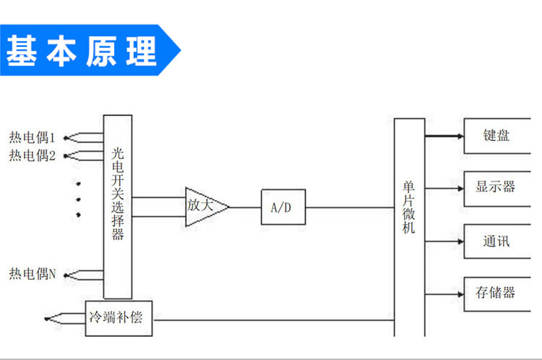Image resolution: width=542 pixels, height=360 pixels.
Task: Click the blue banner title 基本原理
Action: point(81,51)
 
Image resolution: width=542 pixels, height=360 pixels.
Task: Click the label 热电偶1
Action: point(33,137)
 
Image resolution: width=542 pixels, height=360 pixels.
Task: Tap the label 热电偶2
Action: point(33,155)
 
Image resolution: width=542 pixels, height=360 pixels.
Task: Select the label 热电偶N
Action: point(33,274)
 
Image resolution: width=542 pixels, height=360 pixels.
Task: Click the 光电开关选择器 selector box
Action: point(118,206)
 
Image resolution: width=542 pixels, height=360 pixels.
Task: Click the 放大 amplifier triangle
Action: point(202,206)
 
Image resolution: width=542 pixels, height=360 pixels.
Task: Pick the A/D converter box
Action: point(283,207)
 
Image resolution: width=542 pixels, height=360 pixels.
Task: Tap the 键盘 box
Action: point(496,135)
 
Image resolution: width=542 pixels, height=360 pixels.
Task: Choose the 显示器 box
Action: point(496,187)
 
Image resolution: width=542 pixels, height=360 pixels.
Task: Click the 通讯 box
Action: point(496,241)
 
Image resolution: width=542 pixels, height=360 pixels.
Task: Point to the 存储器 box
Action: point(496,293)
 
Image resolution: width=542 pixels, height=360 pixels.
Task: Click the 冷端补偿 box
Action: point(119,317)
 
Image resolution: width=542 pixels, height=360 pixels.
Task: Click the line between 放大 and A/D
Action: point(246,207)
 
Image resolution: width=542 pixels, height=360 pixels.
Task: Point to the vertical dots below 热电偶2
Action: point(78,198)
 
